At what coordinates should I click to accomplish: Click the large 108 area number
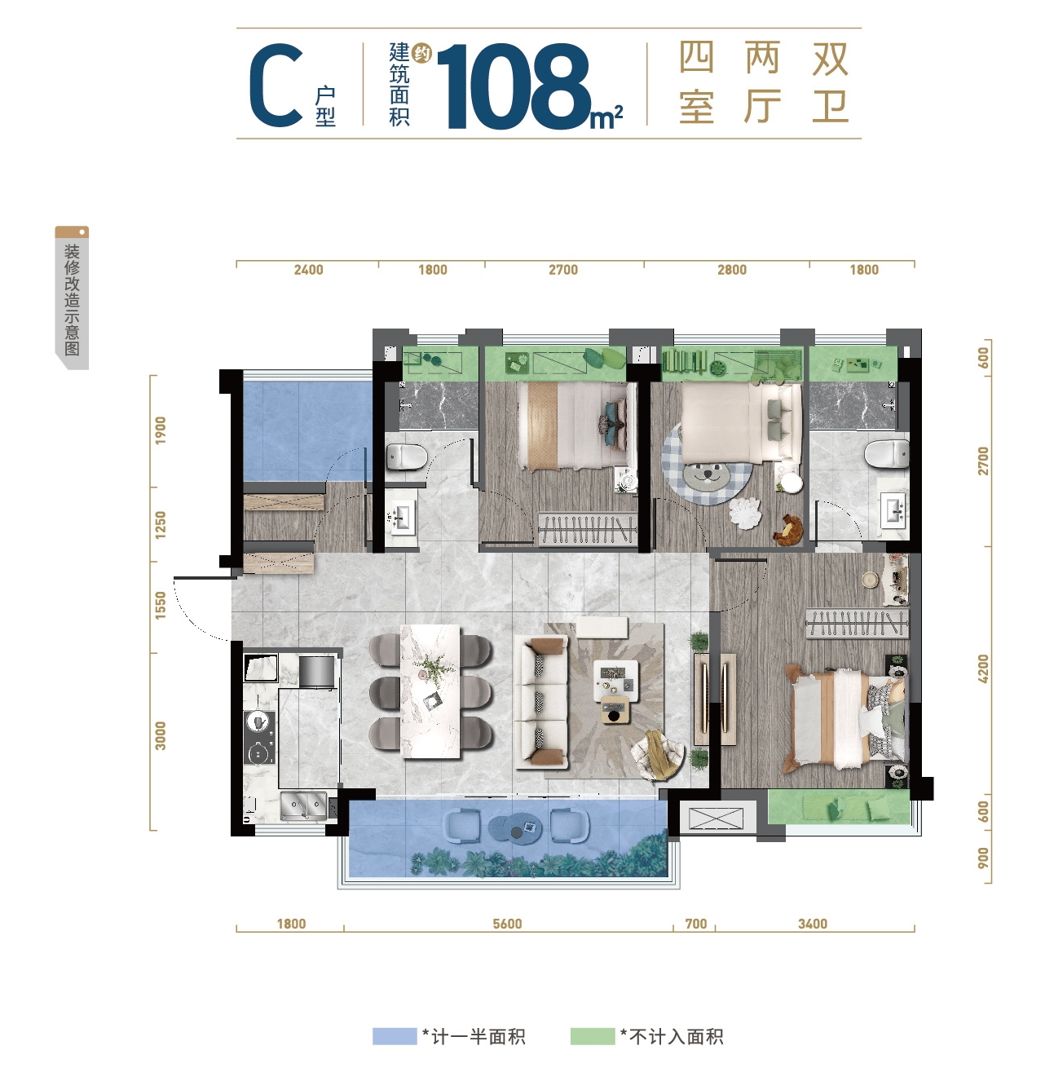pos(514,86)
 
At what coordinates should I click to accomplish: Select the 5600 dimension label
pos(507,924)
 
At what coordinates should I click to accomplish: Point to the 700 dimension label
pos(696,924)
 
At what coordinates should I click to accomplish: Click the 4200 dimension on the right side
pos(983,668)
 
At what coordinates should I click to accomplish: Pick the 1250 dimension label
pos(161,525)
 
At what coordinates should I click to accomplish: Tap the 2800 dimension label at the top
pos(731,270)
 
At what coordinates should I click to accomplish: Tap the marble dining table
pos(430,691)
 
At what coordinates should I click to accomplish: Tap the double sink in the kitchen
pos(303,805)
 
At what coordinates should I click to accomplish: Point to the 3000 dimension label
pos(161,735)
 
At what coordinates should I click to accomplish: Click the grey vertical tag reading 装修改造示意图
pos(72,298)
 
